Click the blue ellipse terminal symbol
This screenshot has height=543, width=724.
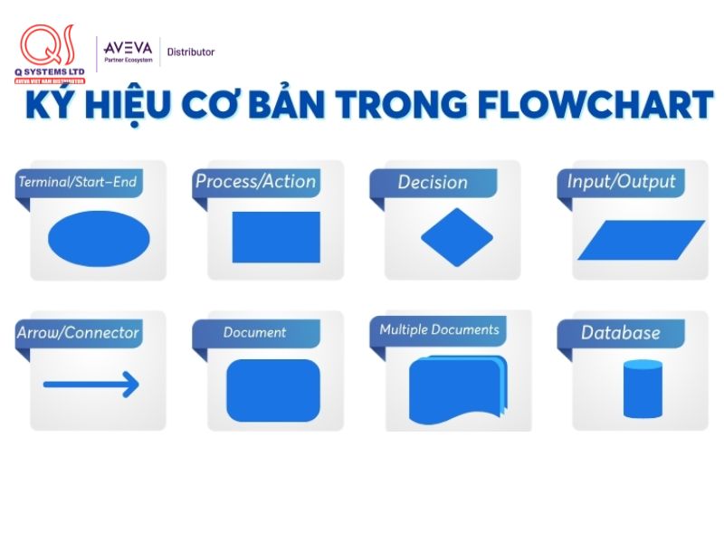99,237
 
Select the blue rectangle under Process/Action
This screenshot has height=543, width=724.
276,237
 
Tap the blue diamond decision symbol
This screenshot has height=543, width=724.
457,237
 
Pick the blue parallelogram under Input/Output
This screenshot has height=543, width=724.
642,240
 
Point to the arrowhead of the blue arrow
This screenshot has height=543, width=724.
131,385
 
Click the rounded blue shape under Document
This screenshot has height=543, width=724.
273,390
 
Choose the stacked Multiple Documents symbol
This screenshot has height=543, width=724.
457,389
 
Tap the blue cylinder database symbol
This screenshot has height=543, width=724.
643,389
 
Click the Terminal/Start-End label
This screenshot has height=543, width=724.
77,182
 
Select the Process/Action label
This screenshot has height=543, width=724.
256,181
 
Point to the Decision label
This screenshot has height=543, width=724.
433,182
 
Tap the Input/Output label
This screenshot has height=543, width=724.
622,181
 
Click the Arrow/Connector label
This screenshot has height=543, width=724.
78,332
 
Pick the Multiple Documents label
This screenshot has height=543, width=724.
439,329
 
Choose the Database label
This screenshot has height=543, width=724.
621,332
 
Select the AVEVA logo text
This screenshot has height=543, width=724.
129,48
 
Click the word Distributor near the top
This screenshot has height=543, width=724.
191,52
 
